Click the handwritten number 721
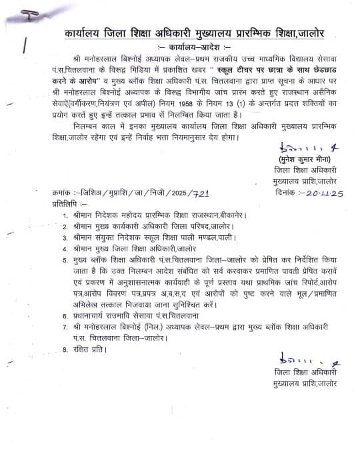[201, 192]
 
